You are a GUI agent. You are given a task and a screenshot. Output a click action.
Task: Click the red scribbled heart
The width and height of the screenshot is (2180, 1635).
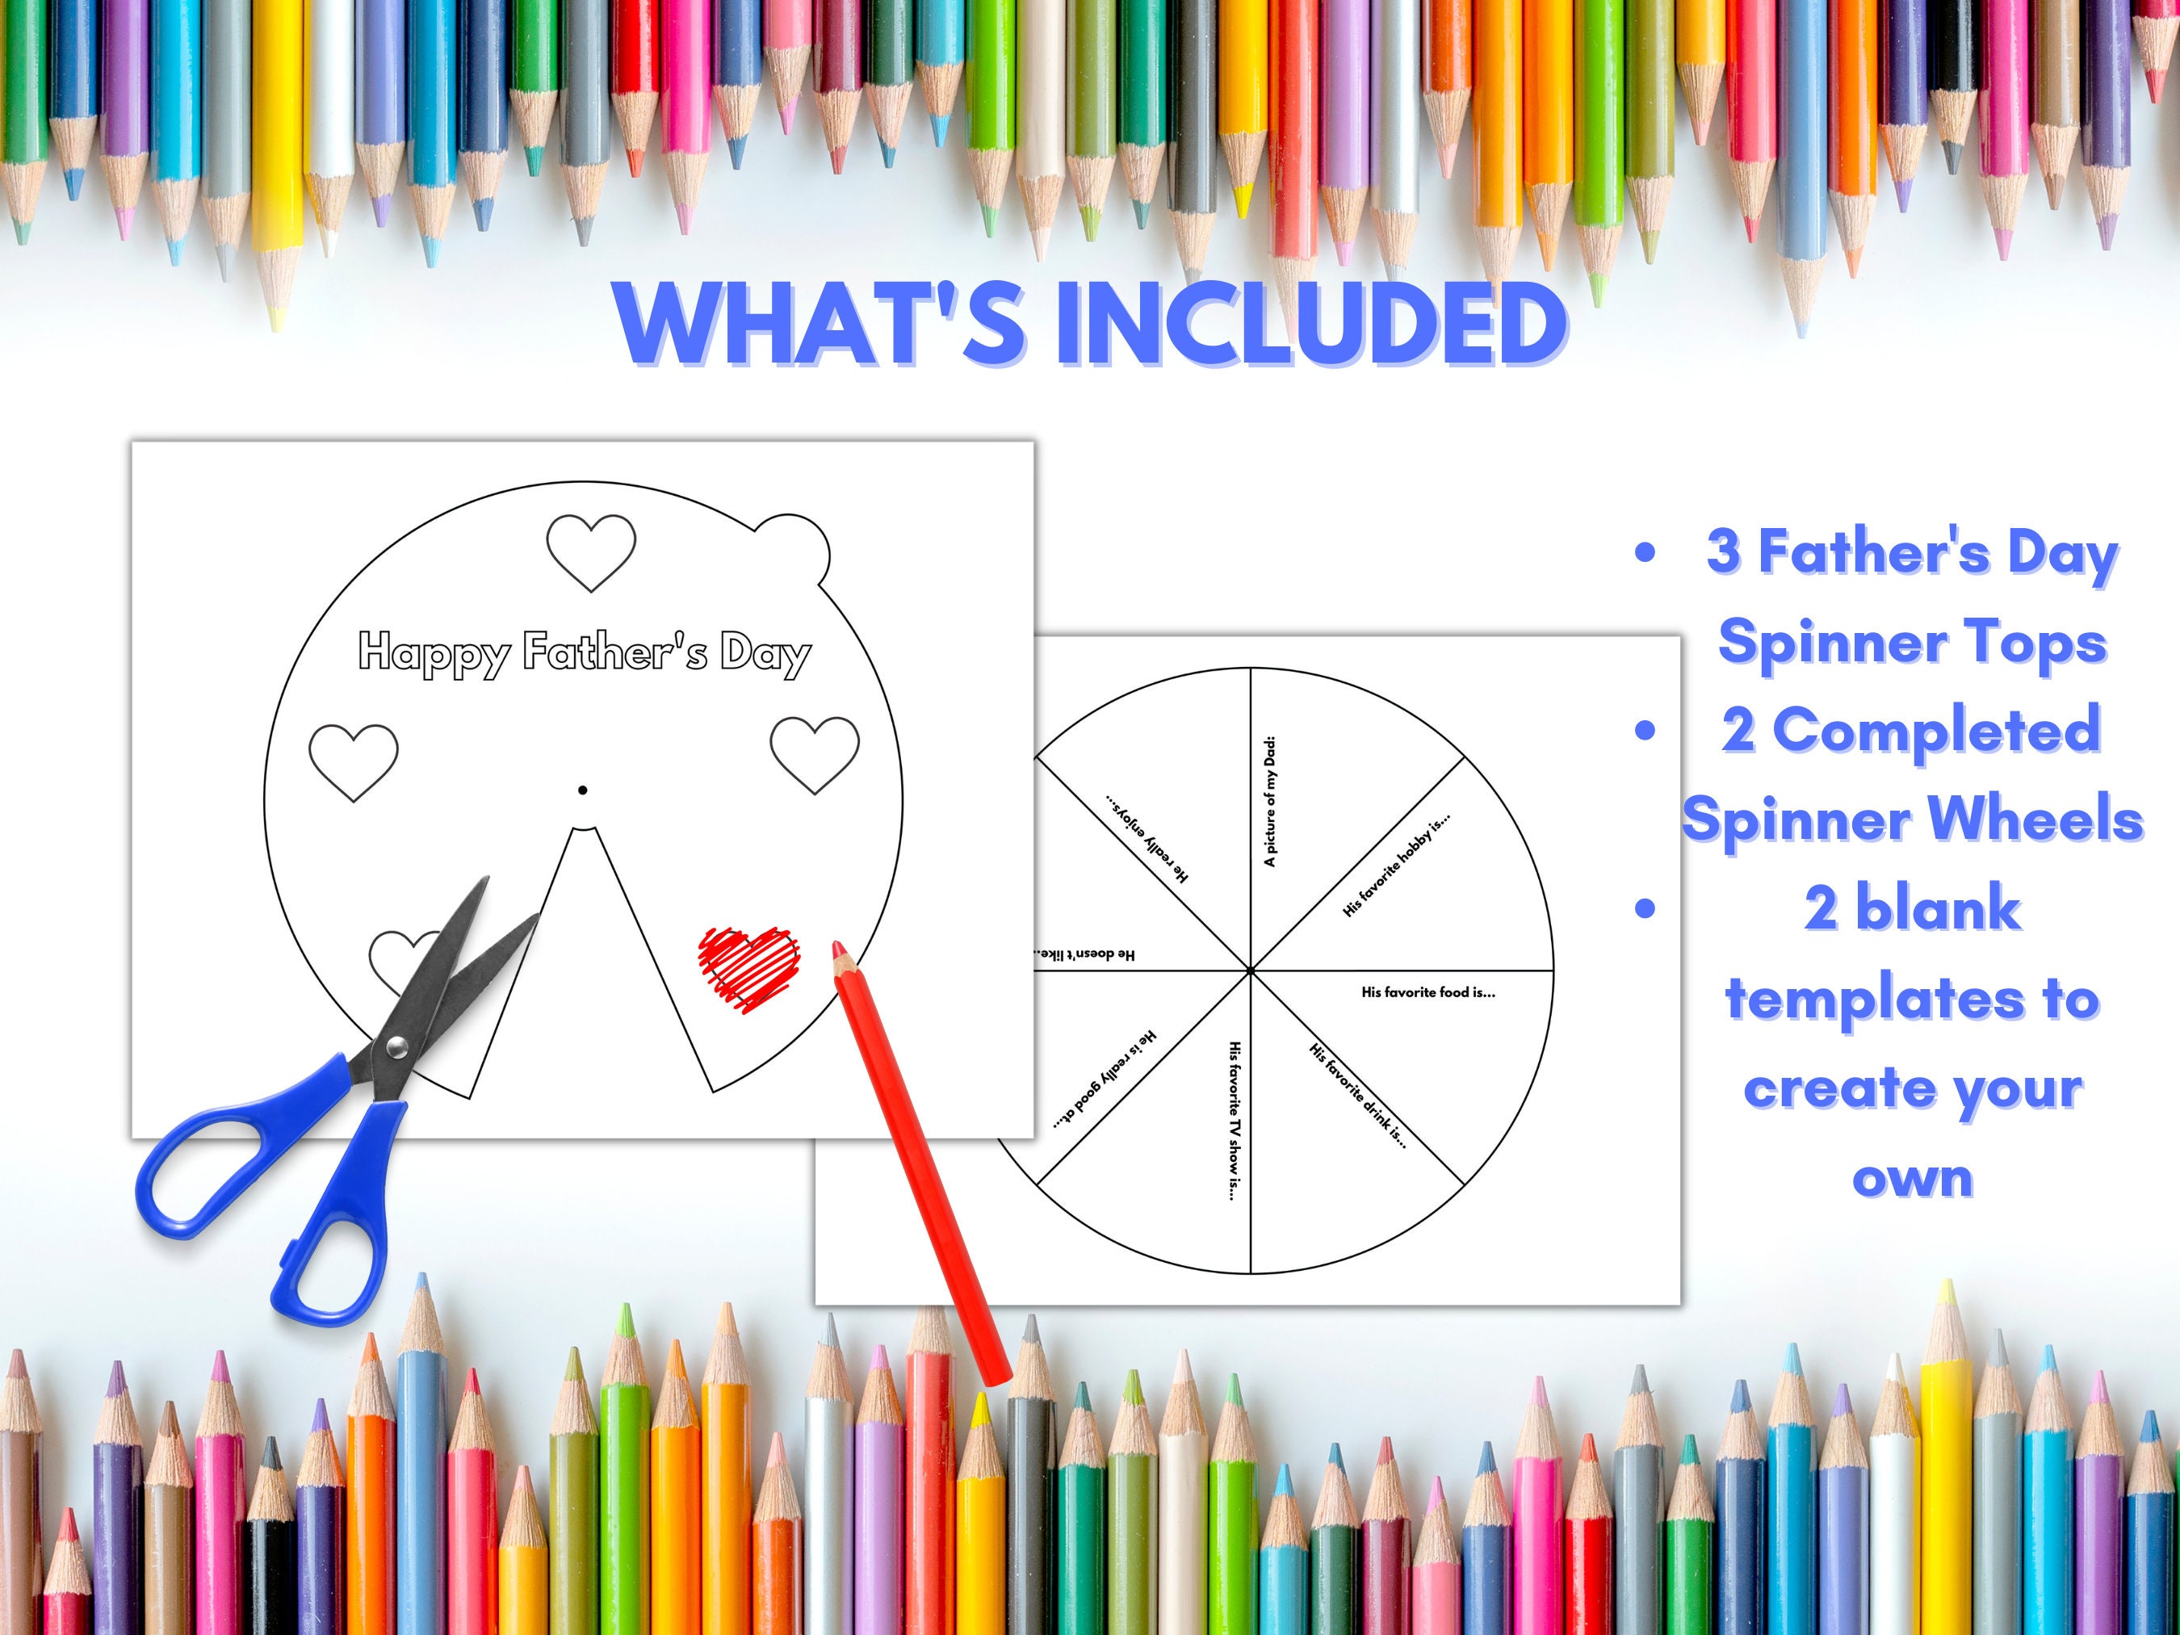tap(749, 966)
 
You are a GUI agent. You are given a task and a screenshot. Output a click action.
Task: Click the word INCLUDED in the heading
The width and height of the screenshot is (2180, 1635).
tap(1310, 322)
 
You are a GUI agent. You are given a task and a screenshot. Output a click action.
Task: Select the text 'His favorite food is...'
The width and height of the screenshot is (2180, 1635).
tap(1428, 992)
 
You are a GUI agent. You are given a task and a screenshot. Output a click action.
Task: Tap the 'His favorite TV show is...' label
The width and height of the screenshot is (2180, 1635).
tap(1233, 1121)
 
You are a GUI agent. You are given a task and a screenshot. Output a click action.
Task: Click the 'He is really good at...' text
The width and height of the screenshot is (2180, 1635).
tap(1105, 1080)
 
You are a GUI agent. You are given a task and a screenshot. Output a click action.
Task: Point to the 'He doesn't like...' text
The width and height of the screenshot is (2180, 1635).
tap(1084, 954)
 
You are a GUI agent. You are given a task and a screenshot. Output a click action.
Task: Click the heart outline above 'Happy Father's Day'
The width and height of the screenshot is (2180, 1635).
tap(590, 552)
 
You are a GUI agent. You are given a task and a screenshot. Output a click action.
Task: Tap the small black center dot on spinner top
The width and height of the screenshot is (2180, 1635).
tap(582, 790)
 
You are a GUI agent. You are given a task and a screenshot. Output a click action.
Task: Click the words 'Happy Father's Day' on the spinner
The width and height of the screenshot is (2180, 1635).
tap(585, 652)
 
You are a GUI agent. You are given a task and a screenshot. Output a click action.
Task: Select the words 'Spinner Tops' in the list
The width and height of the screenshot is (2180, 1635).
tap(1912, 642)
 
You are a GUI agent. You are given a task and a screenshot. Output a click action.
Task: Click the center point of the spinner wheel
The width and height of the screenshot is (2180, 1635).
tap(1251, 972)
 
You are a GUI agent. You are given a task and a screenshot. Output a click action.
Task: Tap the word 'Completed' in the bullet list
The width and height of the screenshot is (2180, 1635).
tap(1912, 730)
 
